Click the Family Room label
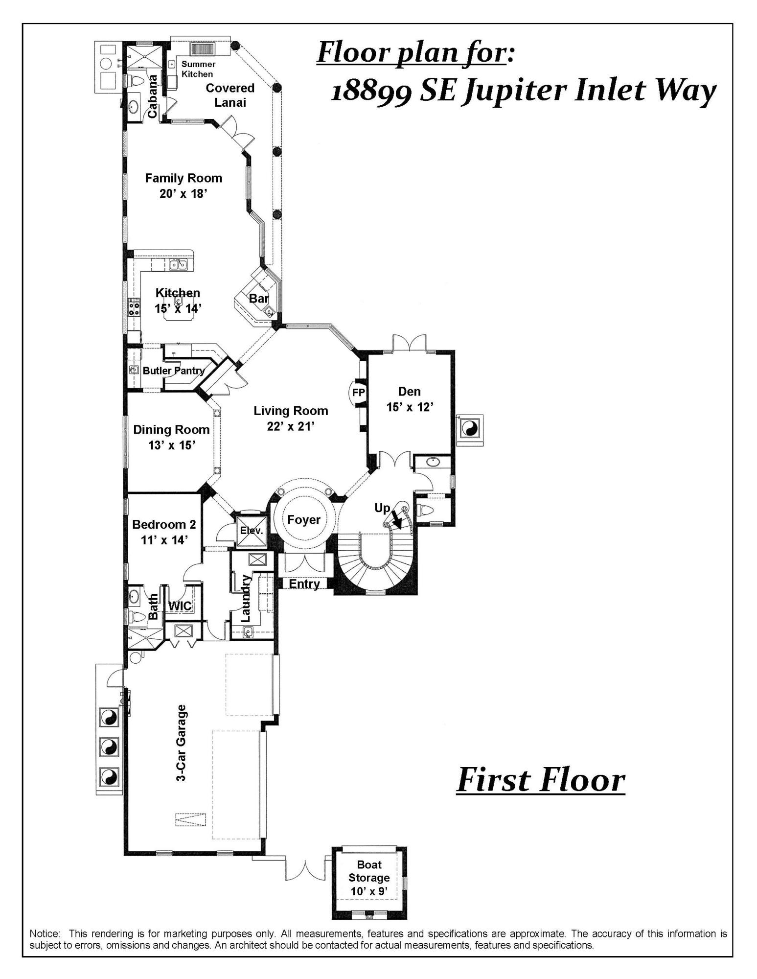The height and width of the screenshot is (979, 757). pyautogui.click(x=184, y=178)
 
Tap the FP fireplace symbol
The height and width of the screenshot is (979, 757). pyautogui.click(x=359, y=392)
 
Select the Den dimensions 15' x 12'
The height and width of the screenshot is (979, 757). pyautogui.click(x=410, y=407)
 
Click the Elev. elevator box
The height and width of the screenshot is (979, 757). pyautogui.click(x=252, y=530)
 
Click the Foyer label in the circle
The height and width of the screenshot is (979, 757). pyautogui.click(x=304, y=520)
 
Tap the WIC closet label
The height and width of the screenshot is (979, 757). pyautogui.click(x=180, y=606)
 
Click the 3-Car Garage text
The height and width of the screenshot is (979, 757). pyautogui.click(x=182, y=744)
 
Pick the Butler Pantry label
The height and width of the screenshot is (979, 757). pyautogui.click(x=173, y=371)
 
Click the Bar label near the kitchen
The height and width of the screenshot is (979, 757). pyautogui.click(x=259, y=298)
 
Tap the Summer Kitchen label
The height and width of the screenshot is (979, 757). pyautogui.click(x=198, y=69)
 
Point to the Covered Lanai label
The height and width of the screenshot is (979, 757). pyautogui.click(x=230, y=95)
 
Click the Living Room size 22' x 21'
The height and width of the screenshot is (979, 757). pyautogui.click(x=291, y=426)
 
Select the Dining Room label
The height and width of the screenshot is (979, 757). pyautogui.click(x=171, y=430)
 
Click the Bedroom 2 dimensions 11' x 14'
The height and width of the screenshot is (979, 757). pyautogui.click(x=164, y=540)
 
